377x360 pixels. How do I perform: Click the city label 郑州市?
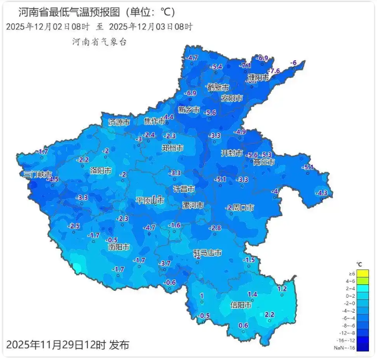pyautogui.click(x=173, y=148)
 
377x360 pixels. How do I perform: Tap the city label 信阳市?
pyautogui.click(x=241, y=305)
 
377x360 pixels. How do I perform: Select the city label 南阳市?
pyautogui.click(x=119, y=247)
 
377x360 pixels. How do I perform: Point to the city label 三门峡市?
pyautogui.click(x=37, y=175)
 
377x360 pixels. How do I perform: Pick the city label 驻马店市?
pyautogui.click(x=207, y=252)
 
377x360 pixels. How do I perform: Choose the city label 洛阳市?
pyautogui.click(x=101, y=171)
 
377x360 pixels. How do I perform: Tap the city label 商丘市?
pyautogui.click(x=264, y=162)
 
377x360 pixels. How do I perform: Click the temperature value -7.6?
pyautogui.click(x=274, y=71)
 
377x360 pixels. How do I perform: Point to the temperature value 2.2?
pyautogui.click(x=269, y=314)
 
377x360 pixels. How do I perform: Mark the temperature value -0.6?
pyautogui.click(x=170, y=282)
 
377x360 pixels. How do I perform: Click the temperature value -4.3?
pyautogui.click(x=322, y=193)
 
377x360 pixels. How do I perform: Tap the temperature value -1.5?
pyautogui.click(x=249, y=259)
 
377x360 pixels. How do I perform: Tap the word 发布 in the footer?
pyautogui.click(x=119, y=345)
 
